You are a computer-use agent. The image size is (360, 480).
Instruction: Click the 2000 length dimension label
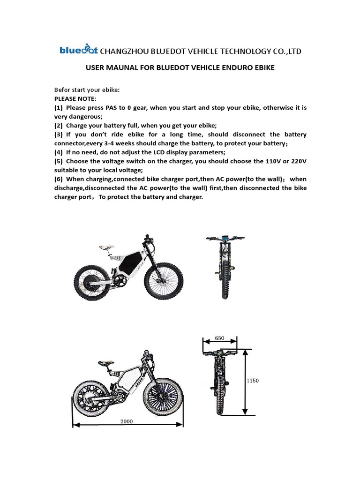coord(127,421)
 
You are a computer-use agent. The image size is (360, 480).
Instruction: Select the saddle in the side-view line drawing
coord(106,362)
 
